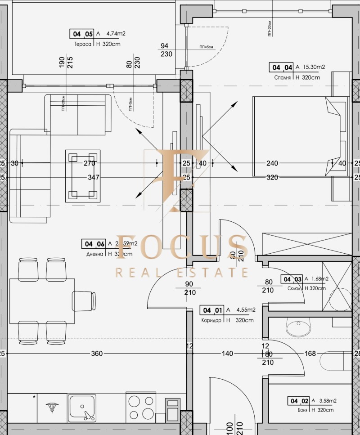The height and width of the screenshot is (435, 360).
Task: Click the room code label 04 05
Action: coord(81,34)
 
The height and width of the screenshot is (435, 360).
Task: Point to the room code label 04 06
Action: coord(93,244)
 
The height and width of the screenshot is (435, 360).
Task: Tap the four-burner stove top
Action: coord(141,407)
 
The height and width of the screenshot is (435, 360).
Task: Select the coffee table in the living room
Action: coord(83,175)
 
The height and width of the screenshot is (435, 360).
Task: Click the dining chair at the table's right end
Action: coord(84,300)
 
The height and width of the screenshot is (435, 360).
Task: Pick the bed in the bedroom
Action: coord(299,136)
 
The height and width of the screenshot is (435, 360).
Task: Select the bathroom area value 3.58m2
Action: coord(327,400)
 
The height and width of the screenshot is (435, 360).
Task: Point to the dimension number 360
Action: coord(97,354)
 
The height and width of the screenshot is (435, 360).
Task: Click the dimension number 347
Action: coord(93,177)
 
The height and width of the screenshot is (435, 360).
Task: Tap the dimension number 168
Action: coord(310,354)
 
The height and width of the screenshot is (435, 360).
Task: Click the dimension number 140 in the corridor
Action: coord(227,354)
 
